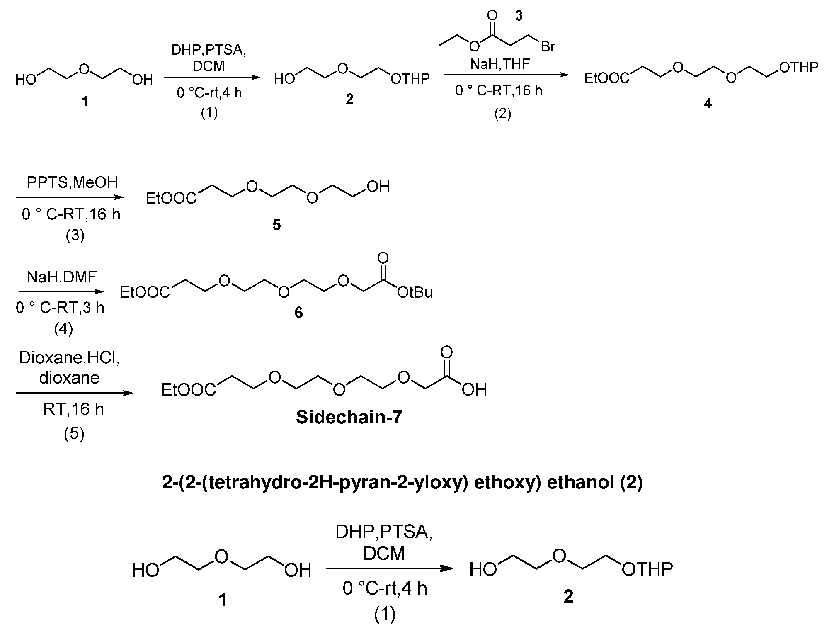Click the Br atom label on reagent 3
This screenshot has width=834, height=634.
click(x=548, y=46)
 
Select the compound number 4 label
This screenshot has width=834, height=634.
click(x=708, y=103)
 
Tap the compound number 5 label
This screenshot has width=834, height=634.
click(x=276, y=225)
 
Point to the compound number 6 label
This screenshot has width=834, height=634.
click(x=298, y=312)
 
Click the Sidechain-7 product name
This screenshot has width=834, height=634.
click(x=349, y=418)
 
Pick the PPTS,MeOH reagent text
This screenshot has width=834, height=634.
click(x=73, y=182)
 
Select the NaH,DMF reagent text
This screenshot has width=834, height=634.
click(x=62, y=277)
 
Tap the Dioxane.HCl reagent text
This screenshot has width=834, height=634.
click(x=69, y=358)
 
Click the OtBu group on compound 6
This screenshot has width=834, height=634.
click(x=415, y=293)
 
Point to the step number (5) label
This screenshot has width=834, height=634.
click(x=74, y=434)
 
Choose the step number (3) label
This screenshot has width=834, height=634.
click(x=75, y=236)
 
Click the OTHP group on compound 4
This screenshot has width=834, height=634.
click(x=799, y=67)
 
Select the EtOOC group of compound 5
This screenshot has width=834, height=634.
click(x=171, y=199)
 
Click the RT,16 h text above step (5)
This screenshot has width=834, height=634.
click(x=74, y=410)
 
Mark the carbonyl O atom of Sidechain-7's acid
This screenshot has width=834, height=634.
click(x=446, y=352)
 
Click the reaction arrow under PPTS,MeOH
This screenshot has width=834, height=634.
click(x=70, y=197)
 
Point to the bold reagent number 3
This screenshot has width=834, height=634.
click(x=519, y=16)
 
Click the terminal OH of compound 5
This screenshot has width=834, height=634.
click(x=378, y=187)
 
